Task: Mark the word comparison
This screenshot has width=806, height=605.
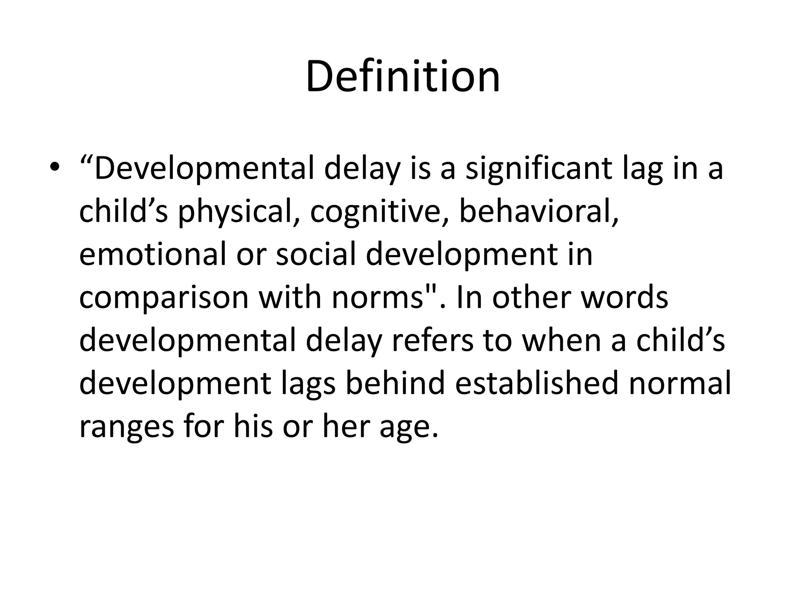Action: pos(164,298)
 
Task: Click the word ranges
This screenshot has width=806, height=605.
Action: pos(126,426)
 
